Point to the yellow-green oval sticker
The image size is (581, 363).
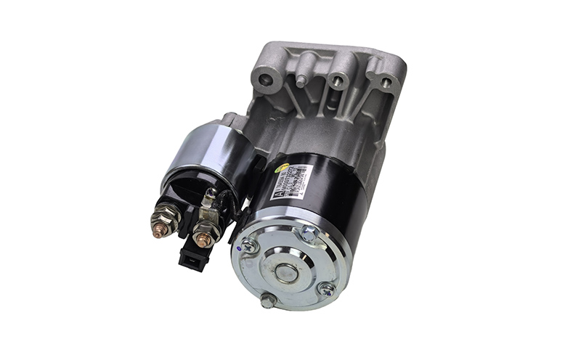282,169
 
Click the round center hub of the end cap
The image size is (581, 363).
285,273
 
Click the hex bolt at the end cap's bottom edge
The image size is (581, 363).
268,300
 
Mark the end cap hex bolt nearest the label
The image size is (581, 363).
308,234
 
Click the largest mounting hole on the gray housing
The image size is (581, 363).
267,76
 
